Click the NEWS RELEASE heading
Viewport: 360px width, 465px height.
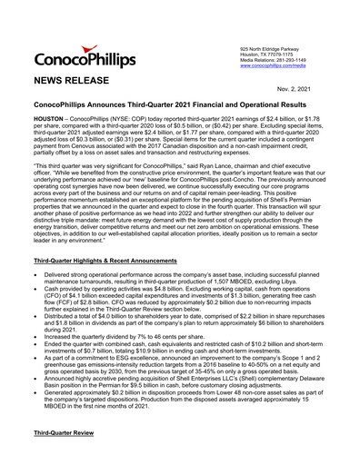coord(72,81)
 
